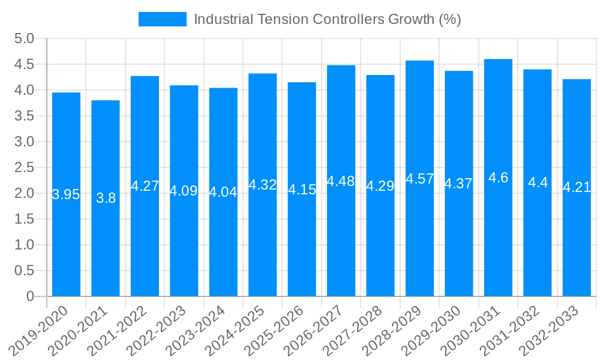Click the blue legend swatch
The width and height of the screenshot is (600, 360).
point(162,19)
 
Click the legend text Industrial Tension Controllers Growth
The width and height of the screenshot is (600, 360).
point(327,19)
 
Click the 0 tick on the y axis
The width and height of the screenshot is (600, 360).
point(31,296)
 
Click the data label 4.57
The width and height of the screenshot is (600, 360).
point(419,179)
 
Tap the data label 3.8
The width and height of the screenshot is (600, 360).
point(106,198)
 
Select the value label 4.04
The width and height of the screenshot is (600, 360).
point(223,192)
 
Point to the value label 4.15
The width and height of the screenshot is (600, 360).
point(302,190)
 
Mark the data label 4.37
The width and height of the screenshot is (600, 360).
point(458,184)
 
